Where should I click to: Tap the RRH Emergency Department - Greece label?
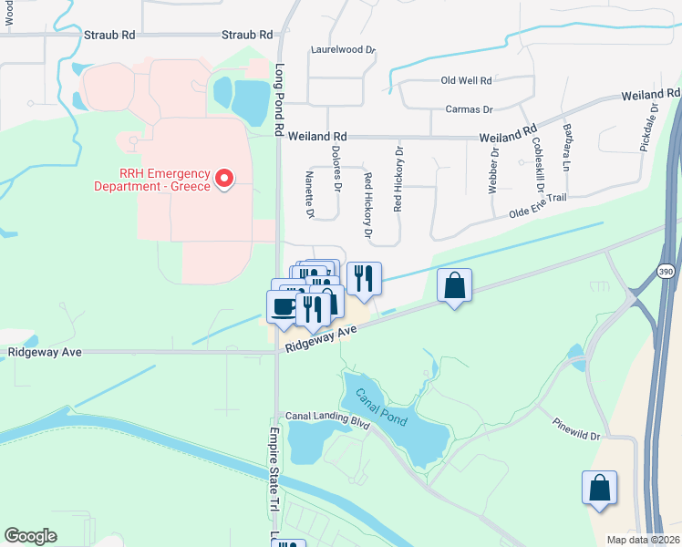[152, 180]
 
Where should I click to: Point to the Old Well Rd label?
[466, 80]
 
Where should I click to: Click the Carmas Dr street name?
[469, 109]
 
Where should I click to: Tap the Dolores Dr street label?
[336, 170]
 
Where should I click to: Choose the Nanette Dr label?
[310, 195]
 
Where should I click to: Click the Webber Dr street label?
[494, 165]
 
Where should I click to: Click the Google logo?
[30, 536]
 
